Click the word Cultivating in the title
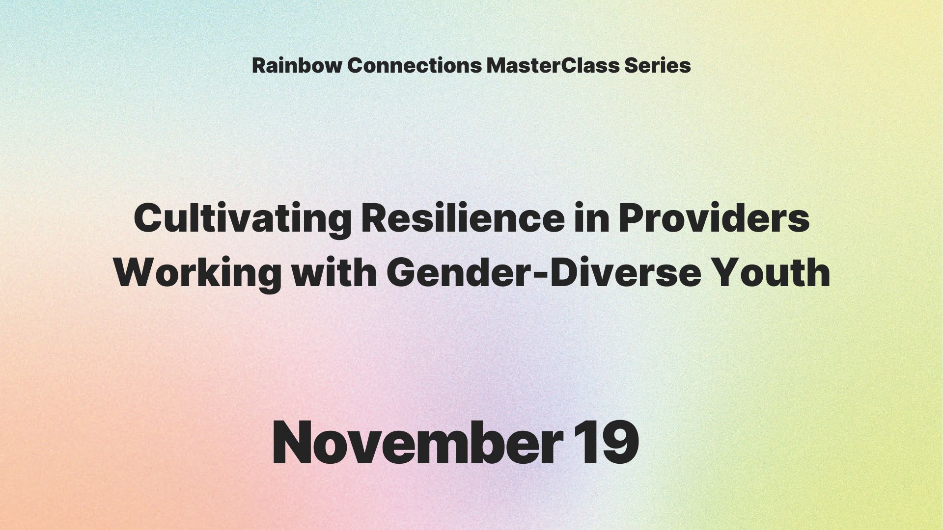(243, 219)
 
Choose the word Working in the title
(197, 273)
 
